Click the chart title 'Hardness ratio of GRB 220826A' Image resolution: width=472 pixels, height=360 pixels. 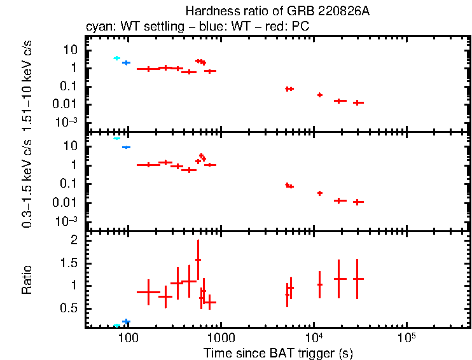coord(277,11)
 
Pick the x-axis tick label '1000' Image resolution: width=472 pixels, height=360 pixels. coord(221,336)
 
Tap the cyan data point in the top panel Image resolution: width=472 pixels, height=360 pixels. coord(117,58)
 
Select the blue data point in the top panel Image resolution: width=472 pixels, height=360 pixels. coord(126,62)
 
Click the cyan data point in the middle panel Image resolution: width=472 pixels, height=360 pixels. coord(117,138)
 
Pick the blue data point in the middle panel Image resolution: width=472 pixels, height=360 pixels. coord(126,147)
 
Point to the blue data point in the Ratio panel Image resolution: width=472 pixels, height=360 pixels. coord(126,322)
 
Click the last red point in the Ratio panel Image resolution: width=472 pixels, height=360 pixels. coord(358,279)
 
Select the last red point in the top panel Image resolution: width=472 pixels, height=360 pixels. coord(358,102)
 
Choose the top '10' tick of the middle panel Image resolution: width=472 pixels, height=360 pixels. coord(72,146)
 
